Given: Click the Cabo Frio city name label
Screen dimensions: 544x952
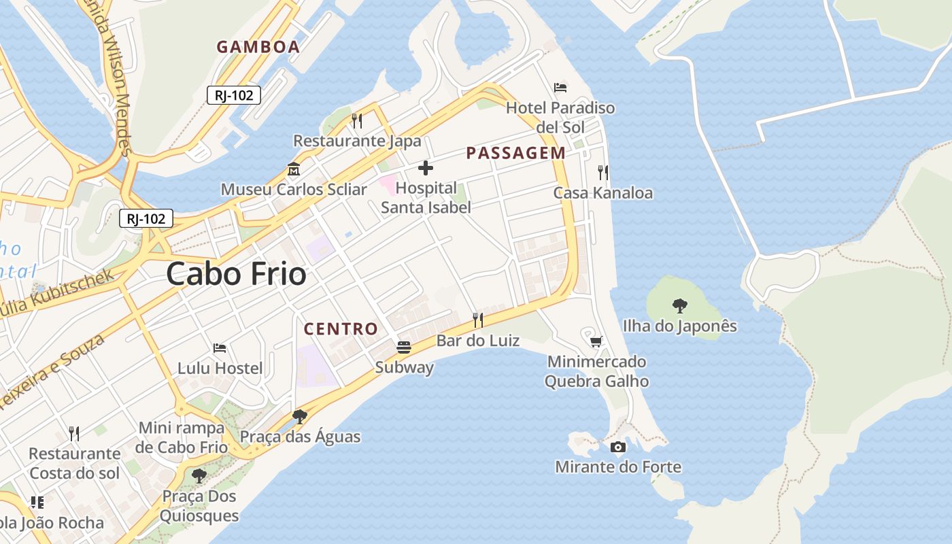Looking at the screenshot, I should tap(236, 274).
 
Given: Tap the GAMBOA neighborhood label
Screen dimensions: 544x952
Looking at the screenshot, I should tap(258, 47).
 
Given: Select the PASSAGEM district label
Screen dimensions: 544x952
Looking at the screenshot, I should tap(515, 153).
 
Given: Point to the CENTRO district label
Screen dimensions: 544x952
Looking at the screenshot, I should tap(341, 329).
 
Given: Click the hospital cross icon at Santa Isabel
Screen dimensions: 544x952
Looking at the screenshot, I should tap(426, 168).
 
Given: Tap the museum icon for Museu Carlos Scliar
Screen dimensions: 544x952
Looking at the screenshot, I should tap(294, 169).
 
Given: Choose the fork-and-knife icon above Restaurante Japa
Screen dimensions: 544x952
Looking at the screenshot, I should tap(357, 120).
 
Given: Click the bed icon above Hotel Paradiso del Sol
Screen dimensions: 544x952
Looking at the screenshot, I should tap(560, 87).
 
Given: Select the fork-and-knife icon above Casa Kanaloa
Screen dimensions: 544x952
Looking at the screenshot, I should tap(602, 172).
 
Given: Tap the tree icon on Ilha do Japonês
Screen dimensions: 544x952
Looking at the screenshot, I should tap(679, 305).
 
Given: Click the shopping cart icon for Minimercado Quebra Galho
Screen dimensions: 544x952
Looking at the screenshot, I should tap(596, 341).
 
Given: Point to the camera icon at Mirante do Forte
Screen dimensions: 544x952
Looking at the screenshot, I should tap(618, 447).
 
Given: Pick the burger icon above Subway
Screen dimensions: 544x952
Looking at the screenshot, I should tap(404, 347).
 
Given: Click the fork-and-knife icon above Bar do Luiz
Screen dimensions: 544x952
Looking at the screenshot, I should tap(478, 320).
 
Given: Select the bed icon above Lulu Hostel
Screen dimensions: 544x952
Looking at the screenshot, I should tap(220, 347).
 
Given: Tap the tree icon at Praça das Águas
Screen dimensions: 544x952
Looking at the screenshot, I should tap(299, 416).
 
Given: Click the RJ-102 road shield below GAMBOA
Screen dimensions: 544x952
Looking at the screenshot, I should tap(234, 95).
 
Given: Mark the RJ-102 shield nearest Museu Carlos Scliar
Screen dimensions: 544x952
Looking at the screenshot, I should tap(146, 218).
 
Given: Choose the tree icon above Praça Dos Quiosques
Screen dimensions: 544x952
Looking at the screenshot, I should tap(199, 475).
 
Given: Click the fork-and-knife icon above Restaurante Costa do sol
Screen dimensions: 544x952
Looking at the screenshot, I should tap(74, 433).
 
